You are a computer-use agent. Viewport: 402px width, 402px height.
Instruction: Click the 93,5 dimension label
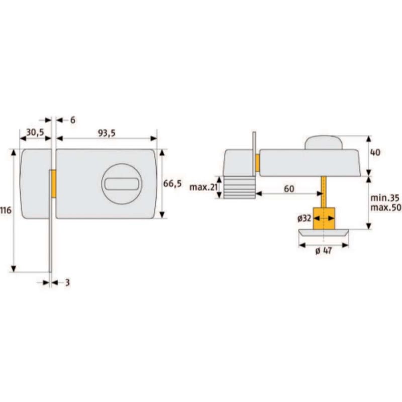(x=107, y=133)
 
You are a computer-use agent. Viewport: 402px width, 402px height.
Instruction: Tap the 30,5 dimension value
(x=35, y=132)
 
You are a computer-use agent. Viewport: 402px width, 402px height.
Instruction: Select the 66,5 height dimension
(x=172, y=183)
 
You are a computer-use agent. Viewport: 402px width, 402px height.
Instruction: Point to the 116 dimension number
(x=6, y=211)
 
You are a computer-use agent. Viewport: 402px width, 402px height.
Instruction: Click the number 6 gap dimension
(x=73, y=120)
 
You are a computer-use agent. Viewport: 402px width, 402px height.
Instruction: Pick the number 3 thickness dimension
(x=67, y=282)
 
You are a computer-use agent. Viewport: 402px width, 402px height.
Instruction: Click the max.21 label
(x=204, y=187)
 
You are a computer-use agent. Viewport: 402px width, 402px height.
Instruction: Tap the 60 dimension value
(x=289, y=189)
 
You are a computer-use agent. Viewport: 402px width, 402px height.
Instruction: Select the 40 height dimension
(x=375, y=153)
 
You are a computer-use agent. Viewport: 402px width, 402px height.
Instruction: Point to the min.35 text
(x=385, y=198)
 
